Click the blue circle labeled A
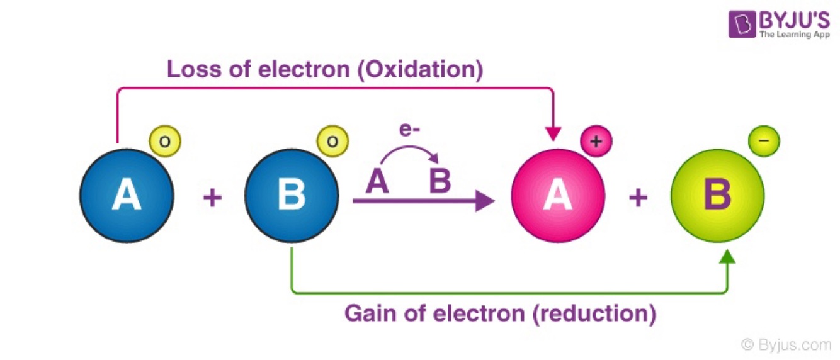(x=127, y=196)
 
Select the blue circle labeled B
(x=292, y=196)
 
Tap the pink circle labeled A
(x=558, y=196)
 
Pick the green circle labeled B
(x=717, y=196)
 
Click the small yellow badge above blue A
(x=165, y=142)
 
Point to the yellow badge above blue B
(x=332, y=142)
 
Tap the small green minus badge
(x=764, y=142)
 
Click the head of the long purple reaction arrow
(x=484, y=201)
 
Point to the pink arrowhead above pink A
(x=553, y=133)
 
